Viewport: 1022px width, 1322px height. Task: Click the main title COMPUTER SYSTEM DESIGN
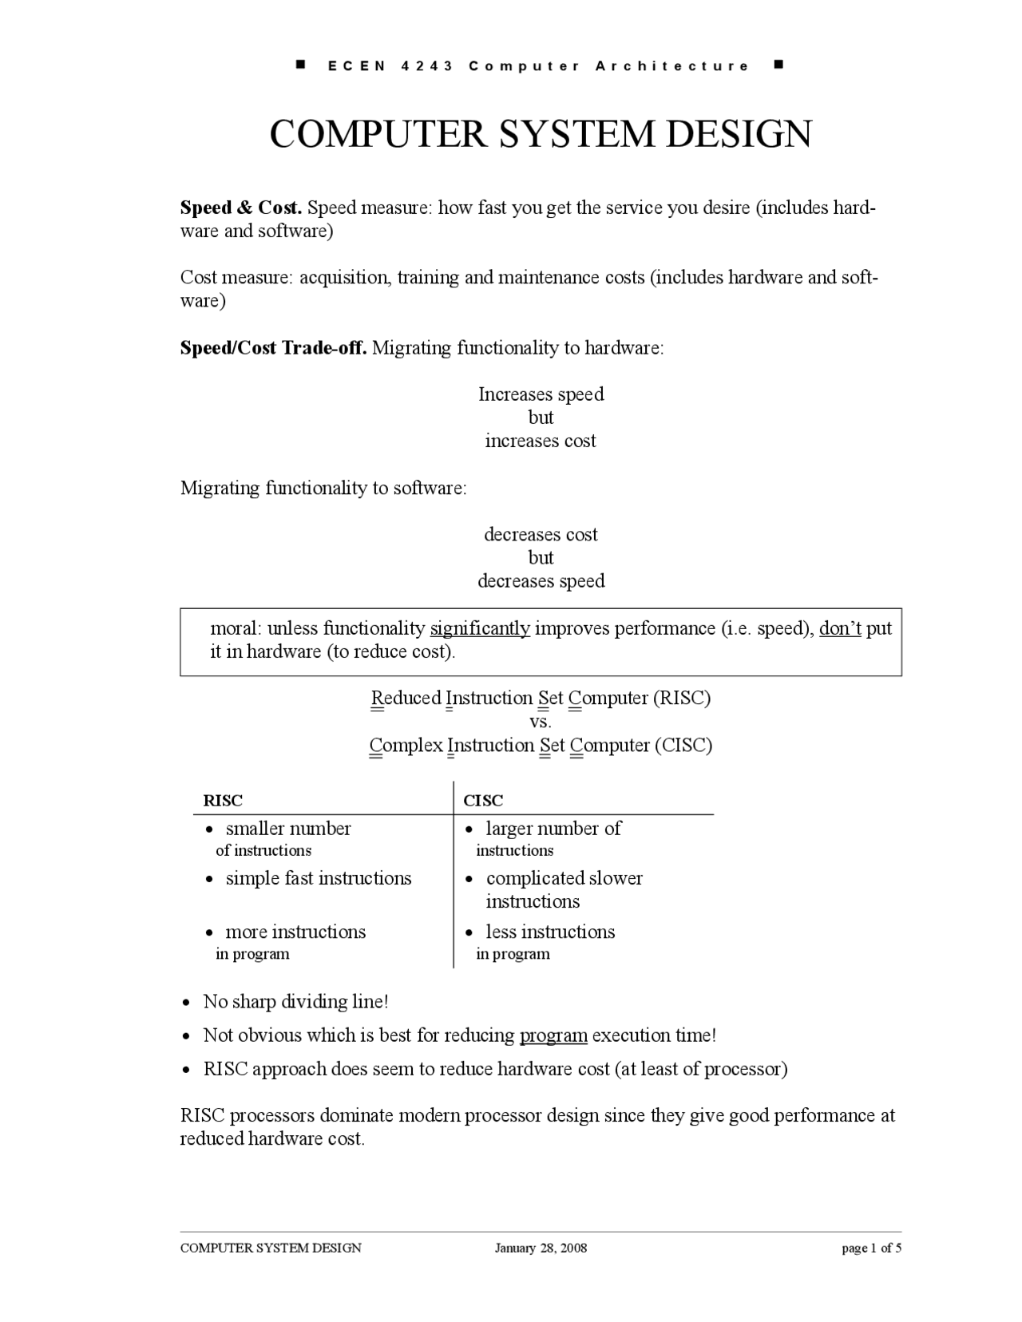(x=541, y=134)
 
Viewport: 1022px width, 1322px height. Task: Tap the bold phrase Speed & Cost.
(x=241, y=208)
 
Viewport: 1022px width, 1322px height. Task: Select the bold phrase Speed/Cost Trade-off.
(x=273, y=348)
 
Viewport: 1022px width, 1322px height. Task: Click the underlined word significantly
(x=480, y=629)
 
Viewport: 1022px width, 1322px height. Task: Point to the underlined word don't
(x=840, y=629)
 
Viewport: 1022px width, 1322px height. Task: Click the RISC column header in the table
(x=223, y=801)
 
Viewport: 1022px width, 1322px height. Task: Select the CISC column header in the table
(x=483, y=801)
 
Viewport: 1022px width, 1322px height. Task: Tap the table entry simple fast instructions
(x=318, y=879)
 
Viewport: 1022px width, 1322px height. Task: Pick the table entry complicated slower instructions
(x=564, y=889)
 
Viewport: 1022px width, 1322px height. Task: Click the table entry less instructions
(x=550, y=932)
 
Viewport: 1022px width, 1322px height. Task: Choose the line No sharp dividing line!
(x=295, y=1002)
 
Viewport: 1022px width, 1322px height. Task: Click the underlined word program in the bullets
(x=553, y=1035)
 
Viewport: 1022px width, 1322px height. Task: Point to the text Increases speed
(x=541, y=394)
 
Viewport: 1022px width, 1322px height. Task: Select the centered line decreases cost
(x=541, y=535)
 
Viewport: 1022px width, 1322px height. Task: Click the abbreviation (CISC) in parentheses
(x=683, y=746)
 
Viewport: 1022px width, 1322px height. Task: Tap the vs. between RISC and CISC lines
(x=541, y=722)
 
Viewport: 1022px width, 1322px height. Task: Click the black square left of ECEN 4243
(x=301, y=64)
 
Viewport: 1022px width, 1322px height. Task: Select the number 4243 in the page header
(x=428, y=66)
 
